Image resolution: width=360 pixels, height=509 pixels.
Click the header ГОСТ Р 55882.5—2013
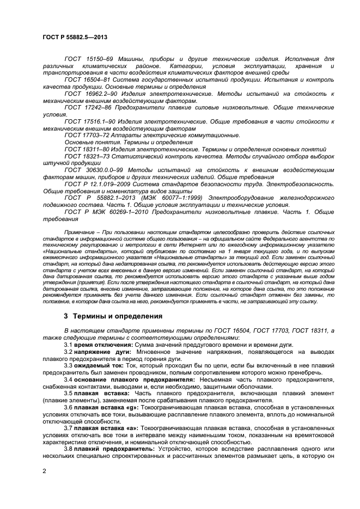pyautogui.click(x=75, y=36)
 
